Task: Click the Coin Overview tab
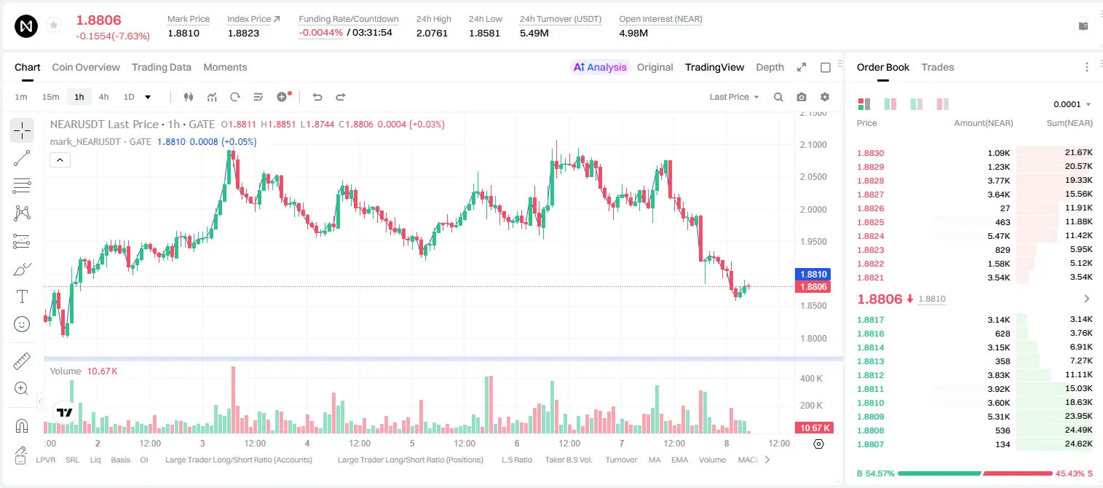pyautogui.click(x=86, y=67)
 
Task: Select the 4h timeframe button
pyautogui.click(x=103, y=97)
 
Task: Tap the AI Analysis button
pyautogui.click(x=600, y=67)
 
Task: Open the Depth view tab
pyautogui.click(x=770, y=67)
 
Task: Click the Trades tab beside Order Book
pyautogui.click(x=938, y=67)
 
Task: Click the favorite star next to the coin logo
pyautogui.click(x=54, y=25)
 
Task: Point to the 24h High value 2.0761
pyautogui.click(x=432, y=33)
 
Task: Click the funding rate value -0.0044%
pyautogui.click(x=320, y=33)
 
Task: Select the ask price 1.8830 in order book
pyautogui.click(x=870, y=153)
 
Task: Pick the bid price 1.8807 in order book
pyautogui.click(x=870, y=444)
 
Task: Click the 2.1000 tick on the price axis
pyautogui.click(x=813, y=145)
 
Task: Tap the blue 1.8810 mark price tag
pyautogui.click(x=813, y=275)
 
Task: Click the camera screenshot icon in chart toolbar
pyautogui.click(x=802, y=97)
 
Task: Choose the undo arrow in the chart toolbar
pyautogui.click(x=317, y=97)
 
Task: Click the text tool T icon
pyautogui.click(x=22, y=296)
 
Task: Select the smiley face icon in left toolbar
pyautogui.click(x=22, y=324)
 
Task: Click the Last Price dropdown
pyautogui.click(x=734, y=97)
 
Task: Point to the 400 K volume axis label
pyautogui.click(x=811, y=379)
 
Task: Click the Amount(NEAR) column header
pyautogui.click(x=984, y=123)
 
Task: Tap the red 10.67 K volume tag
pyautogui.click(x=813, y=428)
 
